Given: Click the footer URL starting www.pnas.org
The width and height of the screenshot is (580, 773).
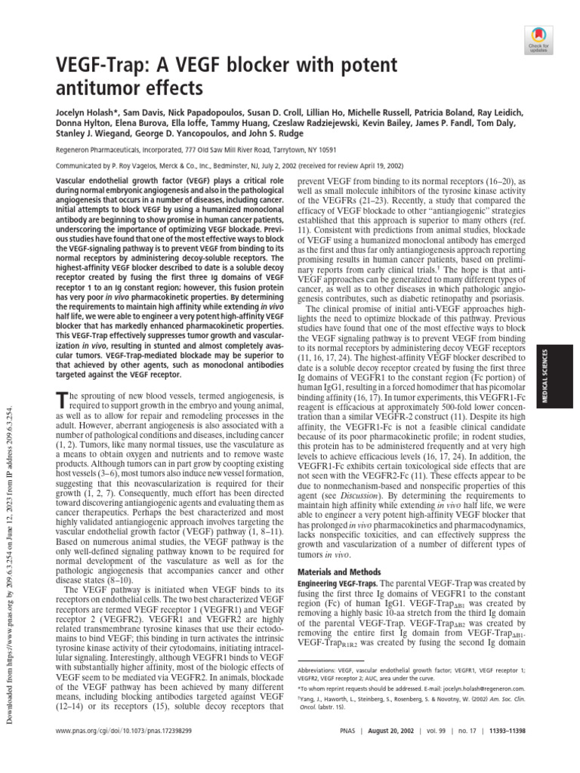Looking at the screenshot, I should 122,753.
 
